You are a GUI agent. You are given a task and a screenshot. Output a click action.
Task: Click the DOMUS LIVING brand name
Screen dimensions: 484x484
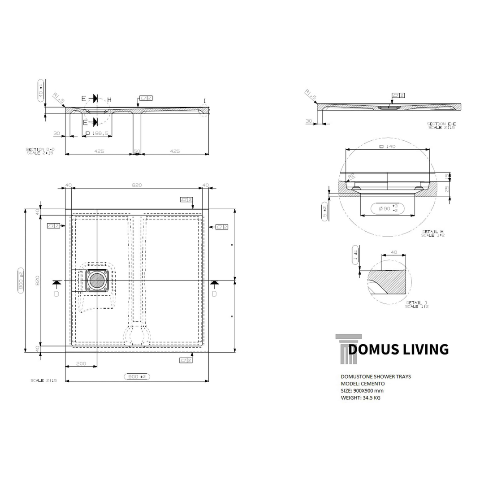(398, 349)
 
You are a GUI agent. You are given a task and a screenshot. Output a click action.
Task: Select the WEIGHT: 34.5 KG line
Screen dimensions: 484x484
(360, 398)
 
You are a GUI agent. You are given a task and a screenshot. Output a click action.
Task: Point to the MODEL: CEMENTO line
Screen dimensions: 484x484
(363, 384)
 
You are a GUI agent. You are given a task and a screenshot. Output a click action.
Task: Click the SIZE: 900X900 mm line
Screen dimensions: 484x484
(362, 391)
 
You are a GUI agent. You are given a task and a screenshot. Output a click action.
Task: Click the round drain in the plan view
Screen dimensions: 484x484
(96, 281)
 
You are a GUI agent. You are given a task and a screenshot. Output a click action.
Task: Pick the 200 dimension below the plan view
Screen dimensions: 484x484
(81, 363)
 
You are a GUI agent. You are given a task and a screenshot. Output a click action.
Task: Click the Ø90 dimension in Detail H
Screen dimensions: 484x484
(387, 208)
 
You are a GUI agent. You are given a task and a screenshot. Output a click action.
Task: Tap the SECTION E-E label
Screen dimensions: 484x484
(441, 124)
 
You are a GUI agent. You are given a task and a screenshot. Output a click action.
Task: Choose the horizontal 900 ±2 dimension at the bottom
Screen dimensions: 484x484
(137, 377)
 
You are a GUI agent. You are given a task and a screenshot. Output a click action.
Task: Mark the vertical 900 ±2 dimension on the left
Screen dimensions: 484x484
(21, 281)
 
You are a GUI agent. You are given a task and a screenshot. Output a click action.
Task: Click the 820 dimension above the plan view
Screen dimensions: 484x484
(137, 185)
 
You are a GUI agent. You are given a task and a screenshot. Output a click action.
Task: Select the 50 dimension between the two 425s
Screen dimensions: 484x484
(137, 151)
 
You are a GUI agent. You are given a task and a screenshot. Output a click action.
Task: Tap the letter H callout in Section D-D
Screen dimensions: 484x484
(109, 99)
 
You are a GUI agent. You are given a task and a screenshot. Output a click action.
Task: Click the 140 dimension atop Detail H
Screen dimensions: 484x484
(388, 146)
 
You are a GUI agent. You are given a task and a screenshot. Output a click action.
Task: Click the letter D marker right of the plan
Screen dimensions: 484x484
(214, 294)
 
